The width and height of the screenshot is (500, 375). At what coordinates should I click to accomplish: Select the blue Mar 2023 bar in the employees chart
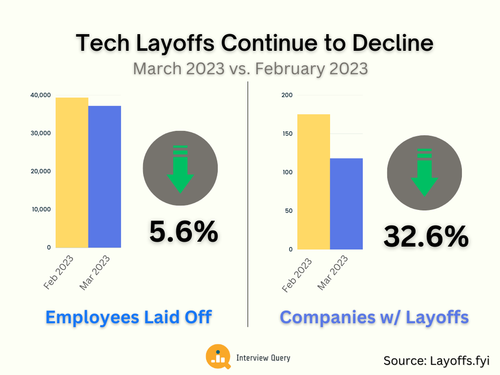click(104, 177)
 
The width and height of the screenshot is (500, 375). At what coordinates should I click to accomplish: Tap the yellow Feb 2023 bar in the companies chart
click(313, 182)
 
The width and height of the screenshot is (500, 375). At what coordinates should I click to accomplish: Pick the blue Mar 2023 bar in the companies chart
click(346, 204)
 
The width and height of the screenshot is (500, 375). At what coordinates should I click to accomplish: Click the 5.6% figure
click(183, 231)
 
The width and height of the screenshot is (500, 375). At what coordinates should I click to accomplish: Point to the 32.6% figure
click(426, 236)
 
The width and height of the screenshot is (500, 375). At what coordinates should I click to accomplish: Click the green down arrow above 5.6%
click(180, 168)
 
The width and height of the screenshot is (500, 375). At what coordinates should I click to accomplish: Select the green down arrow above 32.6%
click(424, 172)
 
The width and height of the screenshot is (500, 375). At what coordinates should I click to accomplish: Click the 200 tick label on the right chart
click(287, 95)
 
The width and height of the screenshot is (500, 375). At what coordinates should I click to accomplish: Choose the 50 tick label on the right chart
click(289, 211)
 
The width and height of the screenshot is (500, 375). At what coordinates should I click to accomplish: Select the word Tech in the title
click(100, 43)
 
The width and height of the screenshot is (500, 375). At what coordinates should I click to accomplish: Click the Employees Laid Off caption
click(128, 317)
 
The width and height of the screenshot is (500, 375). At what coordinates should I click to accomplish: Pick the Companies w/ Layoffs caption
click(374, 317)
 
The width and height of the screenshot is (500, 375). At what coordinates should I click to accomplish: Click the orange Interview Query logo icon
click(218, 356)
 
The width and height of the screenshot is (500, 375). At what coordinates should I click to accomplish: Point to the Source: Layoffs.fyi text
click(436, 360)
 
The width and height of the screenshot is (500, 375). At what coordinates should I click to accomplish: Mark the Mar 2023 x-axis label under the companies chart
click(333, 273)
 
